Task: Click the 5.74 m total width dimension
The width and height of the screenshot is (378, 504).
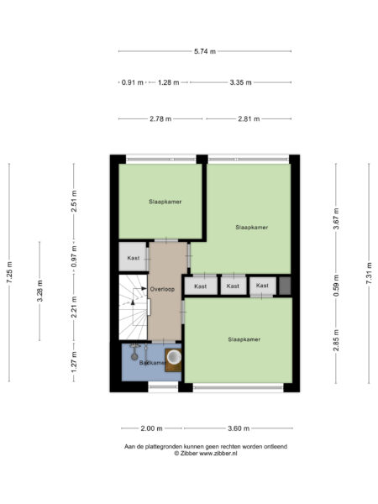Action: click(x=205, y=51)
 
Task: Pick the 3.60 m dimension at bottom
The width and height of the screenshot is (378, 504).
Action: click(x=239, y=428)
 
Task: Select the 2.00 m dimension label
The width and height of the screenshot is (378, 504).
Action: click(x=152, y=428)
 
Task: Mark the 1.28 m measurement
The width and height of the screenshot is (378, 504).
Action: click(x=169, y=82)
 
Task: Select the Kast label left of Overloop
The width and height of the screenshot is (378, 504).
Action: click(x=134, y=258)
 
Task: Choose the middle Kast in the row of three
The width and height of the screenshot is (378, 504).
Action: click(x=233, y=286)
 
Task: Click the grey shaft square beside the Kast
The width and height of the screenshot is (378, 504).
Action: click(x=285, y=286)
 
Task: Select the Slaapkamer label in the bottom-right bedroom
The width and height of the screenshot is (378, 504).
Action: click(x=244, y=339)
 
